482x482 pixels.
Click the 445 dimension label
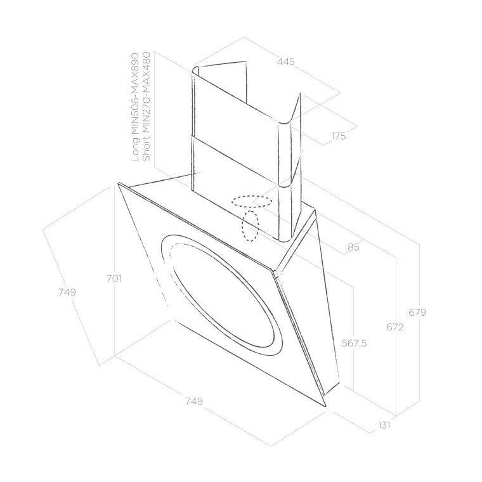(285, 62)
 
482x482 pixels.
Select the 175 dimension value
(338, 136)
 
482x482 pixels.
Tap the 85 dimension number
(353, 247)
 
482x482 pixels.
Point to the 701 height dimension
(114, 279)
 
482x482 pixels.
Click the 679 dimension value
(417, 312)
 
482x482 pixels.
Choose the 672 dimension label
(394, 327)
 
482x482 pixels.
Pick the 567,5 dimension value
(354, 343)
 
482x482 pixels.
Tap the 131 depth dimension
(384, 425)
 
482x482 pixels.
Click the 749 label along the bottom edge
(194, 401)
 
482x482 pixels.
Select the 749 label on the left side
(67, 292)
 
